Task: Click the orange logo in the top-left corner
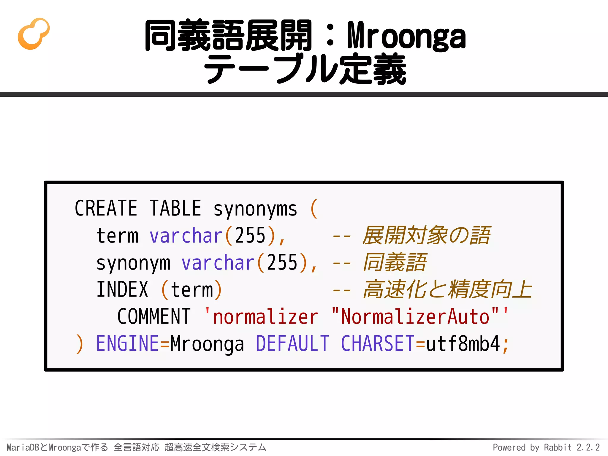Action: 34,34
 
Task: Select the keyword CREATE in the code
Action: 106,208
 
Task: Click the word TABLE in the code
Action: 175,208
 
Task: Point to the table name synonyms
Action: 255,209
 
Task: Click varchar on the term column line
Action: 186,236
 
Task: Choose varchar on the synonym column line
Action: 218,263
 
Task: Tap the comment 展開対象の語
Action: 426,235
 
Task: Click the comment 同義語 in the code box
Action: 395,262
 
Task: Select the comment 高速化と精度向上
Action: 447,289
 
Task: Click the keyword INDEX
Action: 122,290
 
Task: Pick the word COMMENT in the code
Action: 154,317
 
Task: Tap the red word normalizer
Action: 266,317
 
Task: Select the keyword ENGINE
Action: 128,344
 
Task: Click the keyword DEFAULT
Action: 292,344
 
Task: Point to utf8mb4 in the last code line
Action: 463,344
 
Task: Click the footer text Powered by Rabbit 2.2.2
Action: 546,447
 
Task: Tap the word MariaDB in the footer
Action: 23,447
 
